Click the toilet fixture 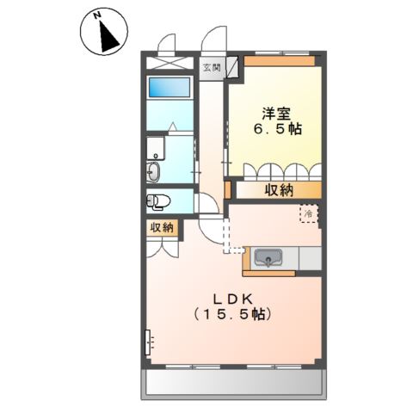(x=158, y=201)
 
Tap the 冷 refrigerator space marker (x=307, y=213)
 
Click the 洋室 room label (x=276, y=112)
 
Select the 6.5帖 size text (x=275, y=130)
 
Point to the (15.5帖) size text (x=233, y=315)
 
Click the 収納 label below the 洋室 (x=275, y=190)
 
